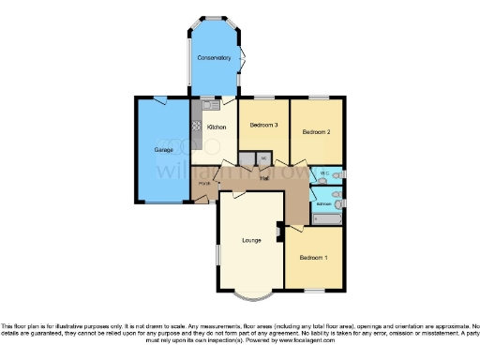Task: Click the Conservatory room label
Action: pos(214,58)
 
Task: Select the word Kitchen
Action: pos(217,127)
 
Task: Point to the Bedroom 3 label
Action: pos(263,126)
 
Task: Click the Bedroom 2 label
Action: pos(316,132)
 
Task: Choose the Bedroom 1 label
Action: pos(312,257)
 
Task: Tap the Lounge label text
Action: pos(251,241)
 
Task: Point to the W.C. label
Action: pos(323,174)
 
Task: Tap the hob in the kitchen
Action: pos(197,125)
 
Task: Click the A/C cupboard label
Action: pos(263,157)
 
